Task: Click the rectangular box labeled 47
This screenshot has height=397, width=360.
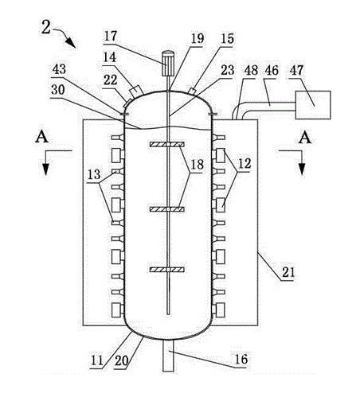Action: click(x=313, y=105)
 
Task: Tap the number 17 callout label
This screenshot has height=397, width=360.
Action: click(x=111, y=36)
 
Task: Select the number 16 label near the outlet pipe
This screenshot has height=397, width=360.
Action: click(x=241, y=359)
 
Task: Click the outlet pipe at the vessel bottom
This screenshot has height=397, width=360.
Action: click(x=168, y=356)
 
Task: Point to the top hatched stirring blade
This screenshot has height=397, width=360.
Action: click(x=167, y=145)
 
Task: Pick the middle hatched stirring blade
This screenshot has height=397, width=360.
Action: click(x=167, y=209)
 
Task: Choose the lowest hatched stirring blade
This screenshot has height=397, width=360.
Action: click(x=167, y=270)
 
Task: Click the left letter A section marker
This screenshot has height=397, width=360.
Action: click(x=41, y=138)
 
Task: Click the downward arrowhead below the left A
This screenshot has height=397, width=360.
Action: click(x=46, y=169)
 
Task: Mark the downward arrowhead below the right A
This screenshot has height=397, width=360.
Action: click(x=302, y=169)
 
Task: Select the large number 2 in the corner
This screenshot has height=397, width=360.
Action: click(x=45, y=27)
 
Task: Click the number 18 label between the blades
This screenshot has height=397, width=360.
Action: click(x=197, y=165)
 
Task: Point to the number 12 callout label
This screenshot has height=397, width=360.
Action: click(x=245, y=164)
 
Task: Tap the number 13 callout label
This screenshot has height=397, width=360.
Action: click(x=94, y=175)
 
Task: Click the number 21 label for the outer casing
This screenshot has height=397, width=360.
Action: click(x=288, y=272)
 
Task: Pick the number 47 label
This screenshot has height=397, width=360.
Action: click(x=296, y=71)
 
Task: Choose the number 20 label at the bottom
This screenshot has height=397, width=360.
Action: click(x=121, y=360)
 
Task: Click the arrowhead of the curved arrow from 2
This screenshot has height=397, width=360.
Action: click(x=71, y=43)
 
